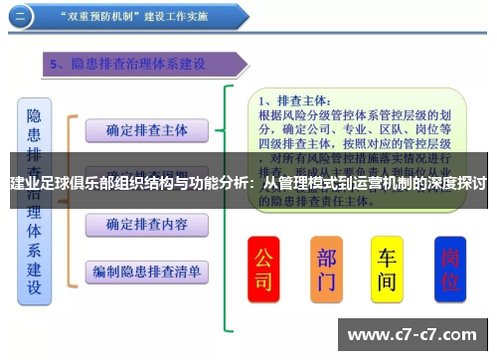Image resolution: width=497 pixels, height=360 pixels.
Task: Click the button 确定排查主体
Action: (x=146, y=129)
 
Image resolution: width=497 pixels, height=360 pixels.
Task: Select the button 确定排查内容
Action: (x=146, y=224)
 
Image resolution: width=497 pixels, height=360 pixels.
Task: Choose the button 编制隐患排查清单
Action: (x=146, y=270)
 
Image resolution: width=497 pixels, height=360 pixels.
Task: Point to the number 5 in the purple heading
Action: (x=56, y=65)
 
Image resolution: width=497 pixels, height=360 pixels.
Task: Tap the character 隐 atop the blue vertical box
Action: (x=35, y=116)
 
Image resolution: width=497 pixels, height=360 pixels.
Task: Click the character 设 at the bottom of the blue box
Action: (x=35, y=288)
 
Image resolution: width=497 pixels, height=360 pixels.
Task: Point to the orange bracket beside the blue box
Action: (x=70, y=199)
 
